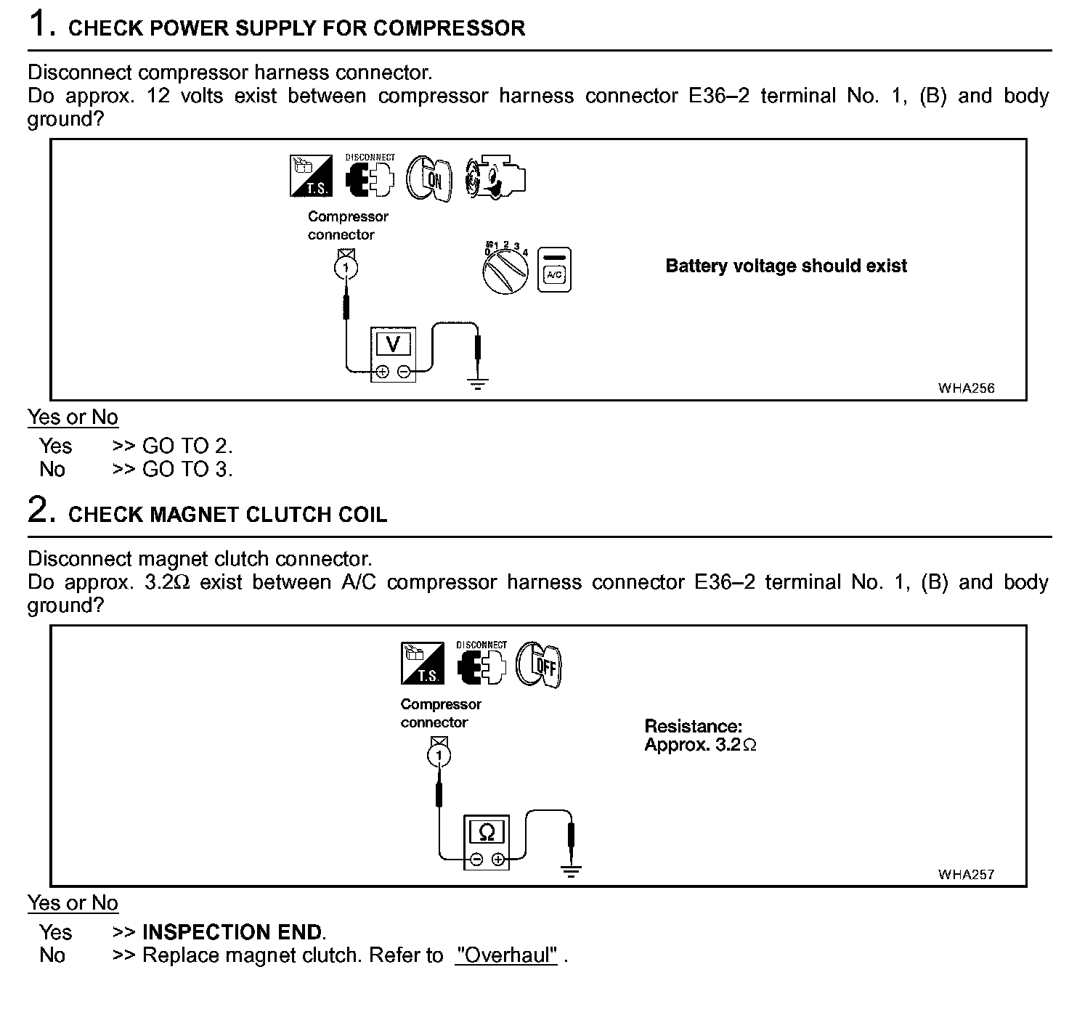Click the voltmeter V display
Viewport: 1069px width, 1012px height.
coord(393,343)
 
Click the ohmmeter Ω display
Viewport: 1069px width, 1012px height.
coord(487,832)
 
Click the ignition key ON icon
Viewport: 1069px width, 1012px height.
coord(429,178)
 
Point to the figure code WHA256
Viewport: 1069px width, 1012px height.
coord(966,388)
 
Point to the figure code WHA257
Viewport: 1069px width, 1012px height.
coord(966,874)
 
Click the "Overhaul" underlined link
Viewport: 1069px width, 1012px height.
coord(506,955)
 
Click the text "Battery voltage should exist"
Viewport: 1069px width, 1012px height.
coord(786,266)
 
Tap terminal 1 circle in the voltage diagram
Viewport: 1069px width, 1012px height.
coord(346,269)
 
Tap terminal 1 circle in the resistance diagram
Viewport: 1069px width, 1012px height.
coord(439,756)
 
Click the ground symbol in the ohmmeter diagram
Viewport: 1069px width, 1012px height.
coord(572,871)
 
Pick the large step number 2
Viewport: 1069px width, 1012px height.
coord(40,510)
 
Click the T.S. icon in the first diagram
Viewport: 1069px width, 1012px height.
coord(310,175)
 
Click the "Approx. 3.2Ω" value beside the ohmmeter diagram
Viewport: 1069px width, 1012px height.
coord(700,745)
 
